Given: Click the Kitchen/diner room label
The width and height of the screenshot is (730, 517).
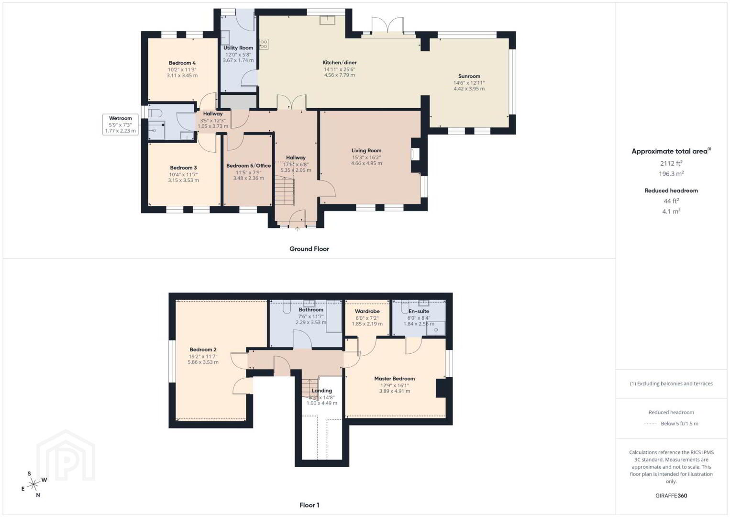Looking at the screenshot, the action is pos(340,62).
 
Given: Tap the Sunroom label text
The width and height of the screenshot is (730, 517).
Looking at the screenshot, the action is pos(469,76).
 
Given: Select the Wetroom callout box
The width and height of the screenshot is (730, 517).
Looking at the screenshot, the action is pos(120,124).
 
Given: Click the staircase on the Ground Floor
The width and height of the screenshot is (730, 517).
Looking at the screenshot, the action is pos(285,190).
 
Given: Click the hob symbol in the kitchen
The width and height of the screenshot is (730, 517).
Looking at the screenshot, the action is pos(264,45).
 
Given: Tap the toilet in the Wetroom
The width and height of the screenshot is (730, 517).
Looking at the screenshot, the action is pos(155,113).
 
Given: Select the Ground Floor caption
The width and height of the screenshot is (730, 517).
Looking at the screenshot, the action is pos(310,249).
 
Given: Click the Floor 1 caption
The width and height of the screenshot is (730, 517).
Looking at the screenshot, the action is pos(310,505).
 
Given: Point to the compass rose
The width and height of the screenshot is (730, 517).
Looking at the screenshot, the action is pos(33,484).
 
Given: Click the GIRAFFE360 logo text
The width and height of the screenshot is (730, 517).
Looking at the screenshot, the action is pos(671,495).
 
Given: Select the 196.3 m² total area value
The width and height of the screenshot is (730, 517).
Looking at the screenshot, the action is pos(671,173).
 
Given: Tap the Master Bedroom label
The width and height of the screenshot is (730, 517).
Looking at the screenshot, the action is pos(394,378).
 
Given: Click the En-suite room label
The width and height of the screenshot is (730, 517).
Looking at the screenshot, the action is pos(419,311).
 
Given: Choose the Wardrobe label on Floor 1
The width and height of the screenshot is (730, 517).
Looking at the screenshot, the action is pos(367,311).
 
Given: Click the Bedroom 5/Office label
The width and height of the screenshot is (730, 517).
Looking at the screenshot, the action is pos(248,166).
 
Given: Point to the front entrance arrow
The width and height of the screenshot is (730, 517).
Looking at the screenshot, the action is pos(297,229).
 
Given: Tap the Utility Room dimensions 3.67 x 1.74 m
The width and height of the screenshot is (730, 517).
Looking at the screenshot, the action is pos(238,60).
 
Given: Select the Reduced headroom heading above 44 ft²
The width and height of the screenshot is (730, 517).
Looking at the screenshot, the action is pos(671,191).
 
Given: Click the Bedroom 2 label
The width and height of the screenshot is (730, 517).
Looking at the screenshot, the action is pos(203,349).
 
